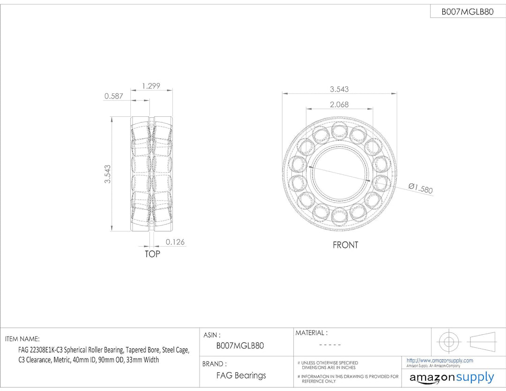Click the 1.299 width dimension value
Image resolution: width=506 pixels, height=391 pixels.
(x=151, y=86)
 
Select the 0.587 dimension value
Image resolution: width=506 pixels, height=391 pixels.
(x=113, y=96)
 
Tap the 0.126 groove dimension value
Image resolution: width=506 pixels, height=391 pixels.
(x=175, y=242)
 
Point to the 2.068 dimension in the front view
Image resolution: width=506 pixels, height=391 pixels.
(x=339, y=104)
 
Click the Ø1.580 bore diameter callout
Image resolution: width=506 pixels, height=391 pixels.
(x=420, y=188)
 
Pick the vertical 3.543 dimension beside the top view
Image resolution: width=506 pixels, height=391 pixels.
(x=107, y=174)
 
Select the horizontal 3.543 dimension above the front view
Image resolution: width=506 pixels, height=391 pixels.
(x=339, y=89)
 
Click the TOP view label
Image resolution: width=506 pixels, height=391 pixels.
(x=152, y=254)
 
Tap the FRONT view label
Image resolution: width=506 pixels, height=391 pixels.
(x=345, y=245)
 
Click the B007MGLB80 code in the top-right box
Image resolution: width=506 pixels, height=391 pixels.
(x=467, y=12)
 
